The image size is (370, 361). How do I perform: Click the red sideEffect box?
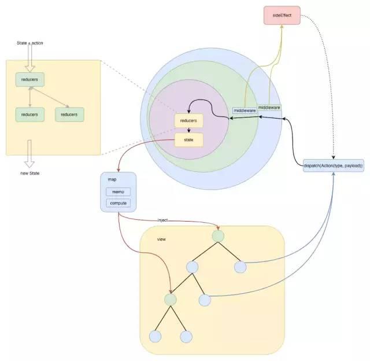282,15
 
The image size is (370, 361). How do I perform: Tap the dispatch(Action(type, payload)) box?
333,166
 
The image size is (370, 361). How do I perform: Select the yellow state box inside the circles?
189,139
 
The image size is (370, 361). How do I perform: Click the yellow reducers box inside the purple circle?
189,120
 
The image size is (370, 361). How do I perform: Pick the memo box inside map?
118,192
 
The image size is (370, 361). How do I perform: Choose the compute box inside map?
118,203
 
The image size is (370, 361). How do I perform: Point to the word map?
112,179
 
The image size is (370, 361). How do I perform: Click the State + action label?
29,43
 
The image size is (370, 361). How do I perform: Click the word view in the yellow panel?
162,239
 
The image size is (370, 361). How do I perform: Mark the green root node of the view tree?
217,237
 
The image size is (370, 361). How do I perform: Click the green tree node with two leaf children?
170,300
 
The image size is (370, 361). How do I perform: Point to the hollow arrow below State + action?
29,56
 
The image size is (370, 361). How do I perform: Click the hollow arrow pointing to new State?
29,153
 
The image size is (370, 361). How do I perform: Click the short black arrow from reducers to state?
189,130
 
